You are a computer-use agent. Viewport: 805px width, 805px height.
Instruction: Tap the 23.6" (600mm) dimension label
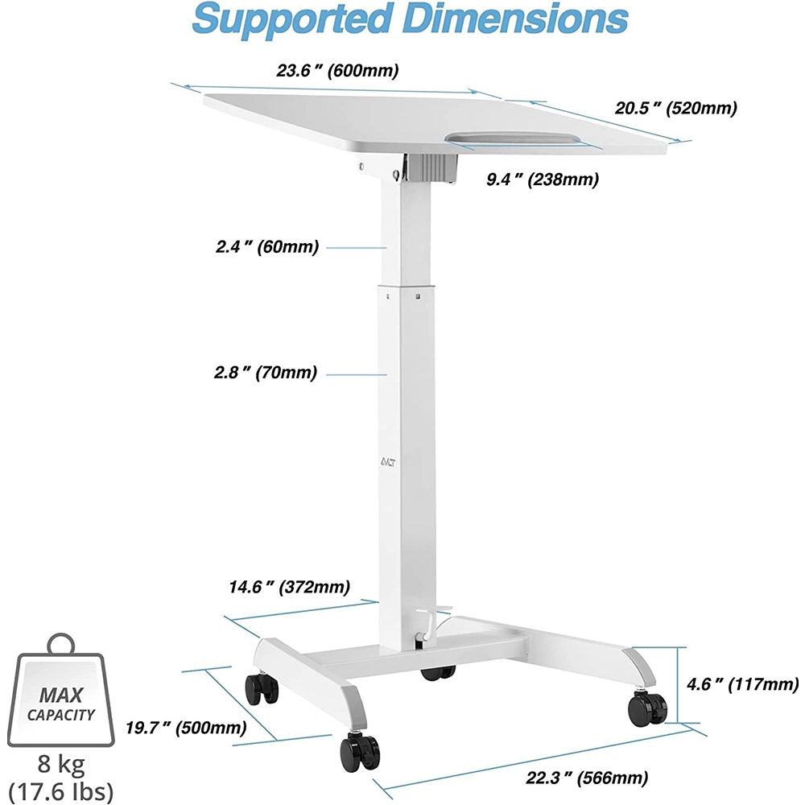pos(338,71)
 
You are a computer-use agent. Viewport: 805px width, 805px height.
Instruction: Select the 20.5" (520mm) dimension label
pos(676,108)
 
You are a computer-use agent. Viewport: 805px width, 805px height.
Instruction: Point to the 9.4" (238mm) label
pos(542,180)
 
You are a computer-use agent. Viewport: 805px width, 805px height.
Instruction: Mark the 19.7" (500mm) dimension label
pos(186,729)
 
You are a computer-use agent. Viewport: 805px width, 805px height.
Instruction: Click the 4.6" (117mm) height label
pos(741,685)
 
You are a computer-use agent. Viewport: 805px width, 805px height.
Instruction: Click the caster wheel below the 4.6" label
pos(648,707)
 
